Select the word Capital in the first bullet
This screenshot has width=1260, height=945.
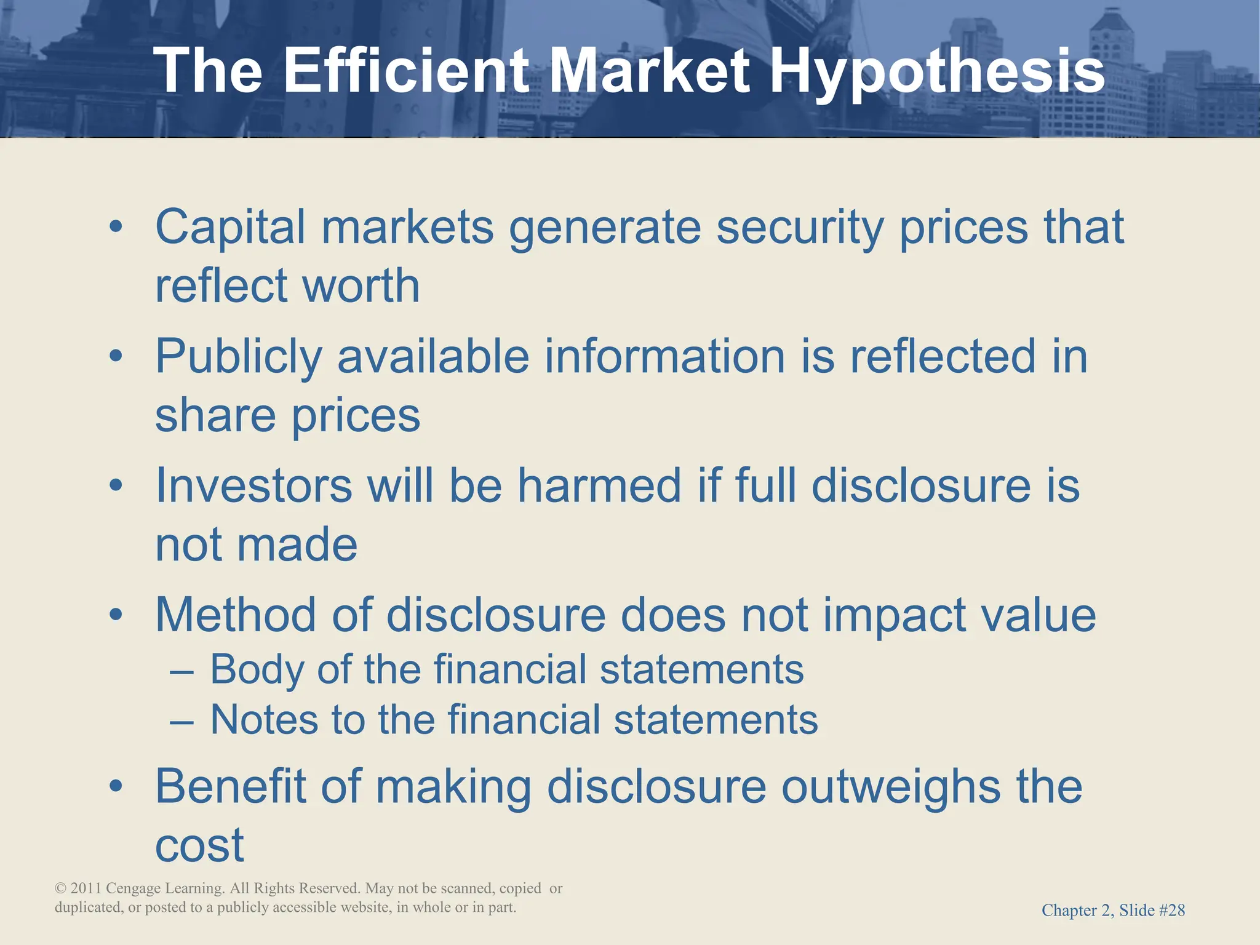tap(230, 227)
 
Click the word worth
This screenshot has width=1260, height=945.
tap(361, 285)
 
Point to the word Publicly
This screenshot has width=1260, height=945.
tap(239, 357)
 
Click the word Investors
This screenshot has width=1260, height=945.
tap(253, 485)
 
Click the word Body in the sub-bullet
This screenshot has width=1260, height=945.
tap(257, 670)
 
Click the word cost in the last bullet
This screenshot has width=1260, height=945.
tap(199, 845)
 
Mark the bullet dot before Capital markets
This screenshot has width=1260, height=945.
tap(116, 227)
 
